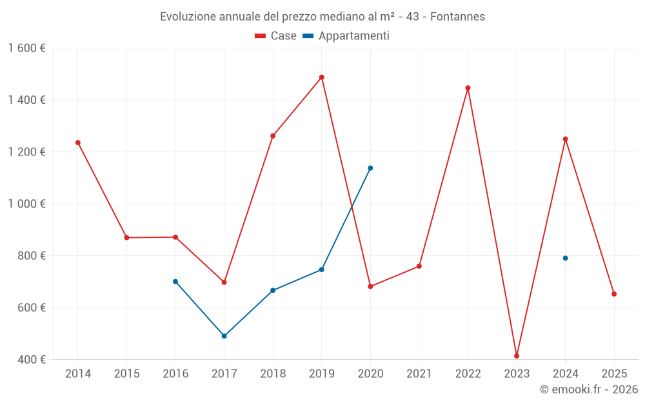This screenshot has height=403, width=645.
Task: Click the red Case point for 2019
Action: coord(322,77)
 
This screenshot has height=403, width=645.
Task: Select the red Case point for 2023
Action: coord(517,356)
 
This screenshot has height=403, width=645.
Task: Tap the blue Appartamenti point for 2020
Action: coord(370,168)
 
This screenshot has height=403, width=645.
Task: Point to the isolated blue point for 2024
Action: coord(565,258)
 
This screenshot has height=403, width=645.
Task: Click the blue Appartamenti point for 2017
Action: coord(224,336)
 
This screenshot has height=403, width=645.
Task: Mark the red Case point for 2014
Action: coord(78,143)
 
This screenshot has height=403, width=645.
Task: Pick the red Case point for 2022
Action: coord(468,88)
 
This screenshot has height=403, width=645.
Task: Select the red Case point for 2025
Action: coord(614,294)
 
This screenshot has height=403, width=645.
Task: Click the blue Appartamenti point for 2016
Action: coord(175,281)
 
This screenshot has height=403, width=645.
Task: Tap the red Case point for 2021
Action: coord(419,266)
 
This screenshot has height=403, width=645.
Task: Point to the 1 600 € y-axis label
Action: coord(27,48)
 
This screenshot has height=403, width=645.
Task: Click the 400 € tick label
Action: coord(31,359)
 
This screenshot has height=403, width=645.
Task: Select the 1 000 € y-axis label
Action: coord(27,204)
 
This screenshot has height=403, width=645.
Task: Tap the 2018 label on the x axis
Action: coord(273,374)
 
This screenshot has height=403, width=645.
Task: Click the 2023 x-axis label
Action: coord(517,374)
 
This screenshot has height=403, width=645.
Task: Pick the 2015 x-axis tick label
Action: coord(126,374)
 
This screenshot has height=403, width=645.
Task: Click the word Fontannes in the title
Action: coord(457,17)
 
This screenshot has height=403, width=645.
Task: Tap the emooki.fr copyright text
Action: coord(589,389)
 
